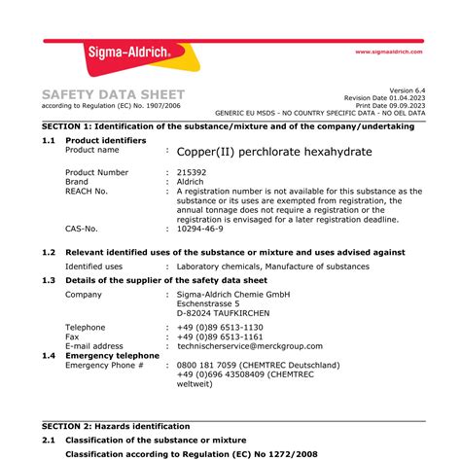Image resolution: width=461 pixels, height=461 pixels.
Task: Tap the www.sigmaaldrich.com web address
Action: pos(389,52)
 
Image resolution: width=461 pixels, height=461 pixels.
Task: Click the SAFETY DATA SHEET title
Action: pos(113,94)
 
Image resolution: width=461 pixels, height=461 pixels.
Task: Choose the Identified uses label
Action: pos(93,266)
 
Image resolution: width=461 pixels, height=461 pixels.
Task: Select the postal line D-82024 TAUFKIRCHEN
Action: pos(224,313)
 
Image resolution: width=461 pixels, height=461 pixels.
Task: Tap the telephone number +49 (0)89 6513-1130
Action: pos(220,328)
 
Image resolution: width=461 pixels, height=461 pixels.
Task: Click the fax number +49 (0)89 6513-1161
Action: pos(220,337)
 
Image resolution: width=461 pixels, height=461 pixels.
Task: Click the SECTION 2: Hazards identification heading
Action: pos(116,426)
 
